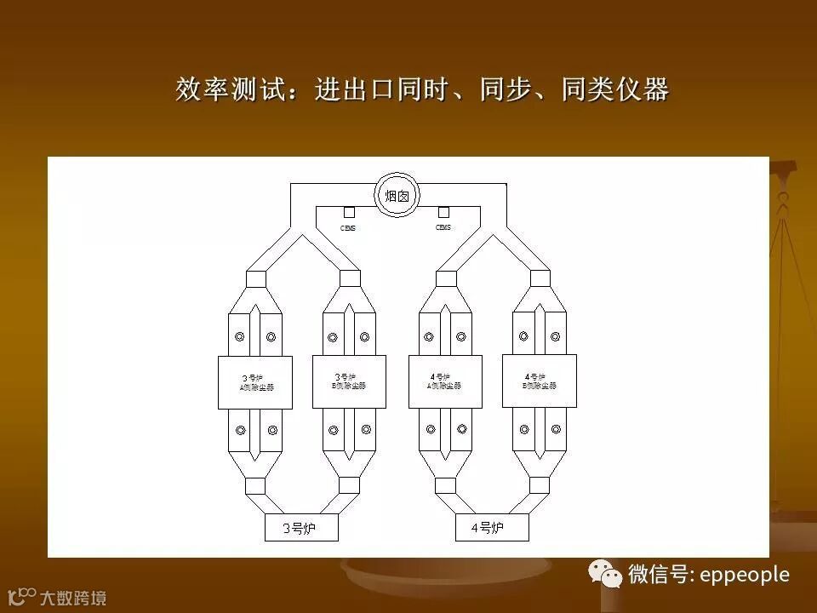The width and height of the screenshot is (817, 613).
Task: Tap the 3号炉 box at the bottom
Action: (x=300, y=528)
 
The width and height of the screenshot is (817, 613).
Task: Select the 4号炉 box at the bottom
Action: (x=491, y=528)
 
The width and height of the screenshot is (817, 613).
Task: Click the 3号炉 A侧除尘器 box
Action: (x=255, y=382)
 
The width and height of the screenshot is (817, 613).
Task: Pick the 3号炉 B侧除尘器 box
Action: (x=349, y=381)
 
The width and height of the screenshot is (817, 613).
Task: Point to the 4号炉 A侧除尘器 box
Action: (x=444, y=381)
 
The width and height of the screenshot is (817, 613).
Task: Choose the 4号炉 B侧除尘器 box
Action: (x=540, y=381)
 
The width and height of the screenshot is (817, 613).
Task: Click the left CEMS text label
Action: (x=348, y=228)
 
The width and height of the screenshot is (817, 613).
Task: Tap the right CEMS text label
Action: (x=443, y=228)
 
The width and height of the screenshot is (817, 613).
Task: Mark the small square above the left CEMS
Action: (x=349, y=212)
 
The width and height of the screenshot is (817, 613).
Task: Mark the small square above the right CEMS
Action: (x=443, y=212)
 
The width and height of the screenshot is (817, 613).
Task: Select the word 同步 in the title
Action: (x=506, y=89)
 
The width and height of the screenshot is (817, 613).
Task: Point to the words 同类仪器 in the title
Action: (x=614, y=89)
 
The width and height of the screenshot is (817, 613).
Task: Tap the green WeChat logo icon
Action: (x=608, y=574)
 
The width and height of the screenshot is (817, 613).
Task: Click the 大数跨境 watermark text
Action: (x=73, y=598)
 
